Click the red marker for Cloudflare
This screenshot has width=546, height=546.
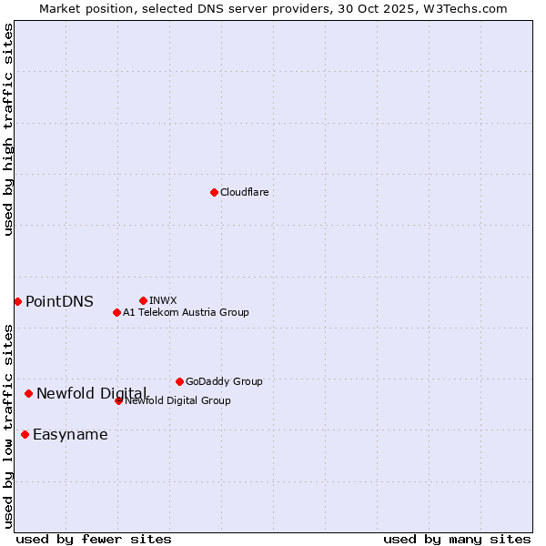pos(214,192)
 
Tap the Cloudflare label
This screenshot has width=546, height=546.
pos(244,192)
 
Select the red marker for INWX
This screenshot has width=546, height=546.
pos(143,300)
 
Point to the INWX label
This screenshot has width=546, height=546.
pos(163,300)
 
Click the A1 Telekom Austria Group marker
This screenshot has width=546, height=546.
pos(116,312)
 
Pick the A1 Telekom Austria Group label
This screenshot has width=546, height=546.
pos(186,312)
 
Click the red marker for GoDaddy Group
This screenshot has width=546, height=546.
pos(179,381)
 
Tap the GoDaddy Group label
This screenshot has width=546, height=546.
pos(224,381)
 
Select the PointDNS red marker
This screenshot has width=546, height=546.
pos(17,301)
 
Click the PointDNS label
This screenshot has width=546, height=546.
pos(59,301)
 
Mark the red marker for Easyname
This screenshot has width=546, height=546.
pos(25,434)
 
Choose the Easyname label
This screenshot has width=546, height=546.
pos(70,434)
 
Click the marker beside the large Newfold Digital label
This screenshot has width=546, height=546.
pos(29,393)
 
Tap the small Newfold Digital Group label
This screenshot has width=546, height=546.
pos(178,400)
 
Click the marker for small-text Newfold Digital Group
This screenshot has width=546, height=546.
pos(118,400)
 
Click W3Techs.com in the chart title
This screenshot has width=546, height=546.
pos(470,8)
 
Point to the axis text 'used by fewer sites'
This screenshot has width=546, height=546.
pos(94,539)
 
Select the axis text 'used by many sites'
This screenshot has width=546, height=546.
pos(457,539)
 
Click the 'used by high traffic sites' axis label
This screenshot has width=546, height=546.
pos(8,130)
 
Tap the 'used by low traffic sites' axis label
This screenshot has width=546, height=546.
pos(8,426)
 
